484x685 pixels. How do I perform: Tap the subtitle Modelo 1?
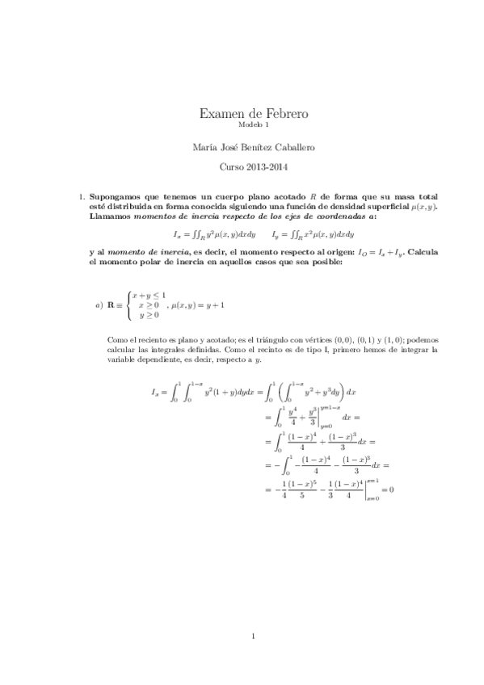(242, 127)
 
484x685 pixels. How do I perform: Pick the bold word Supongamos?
(114, 197)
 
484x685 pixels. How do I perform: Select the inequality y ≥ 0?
(149, 315)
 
